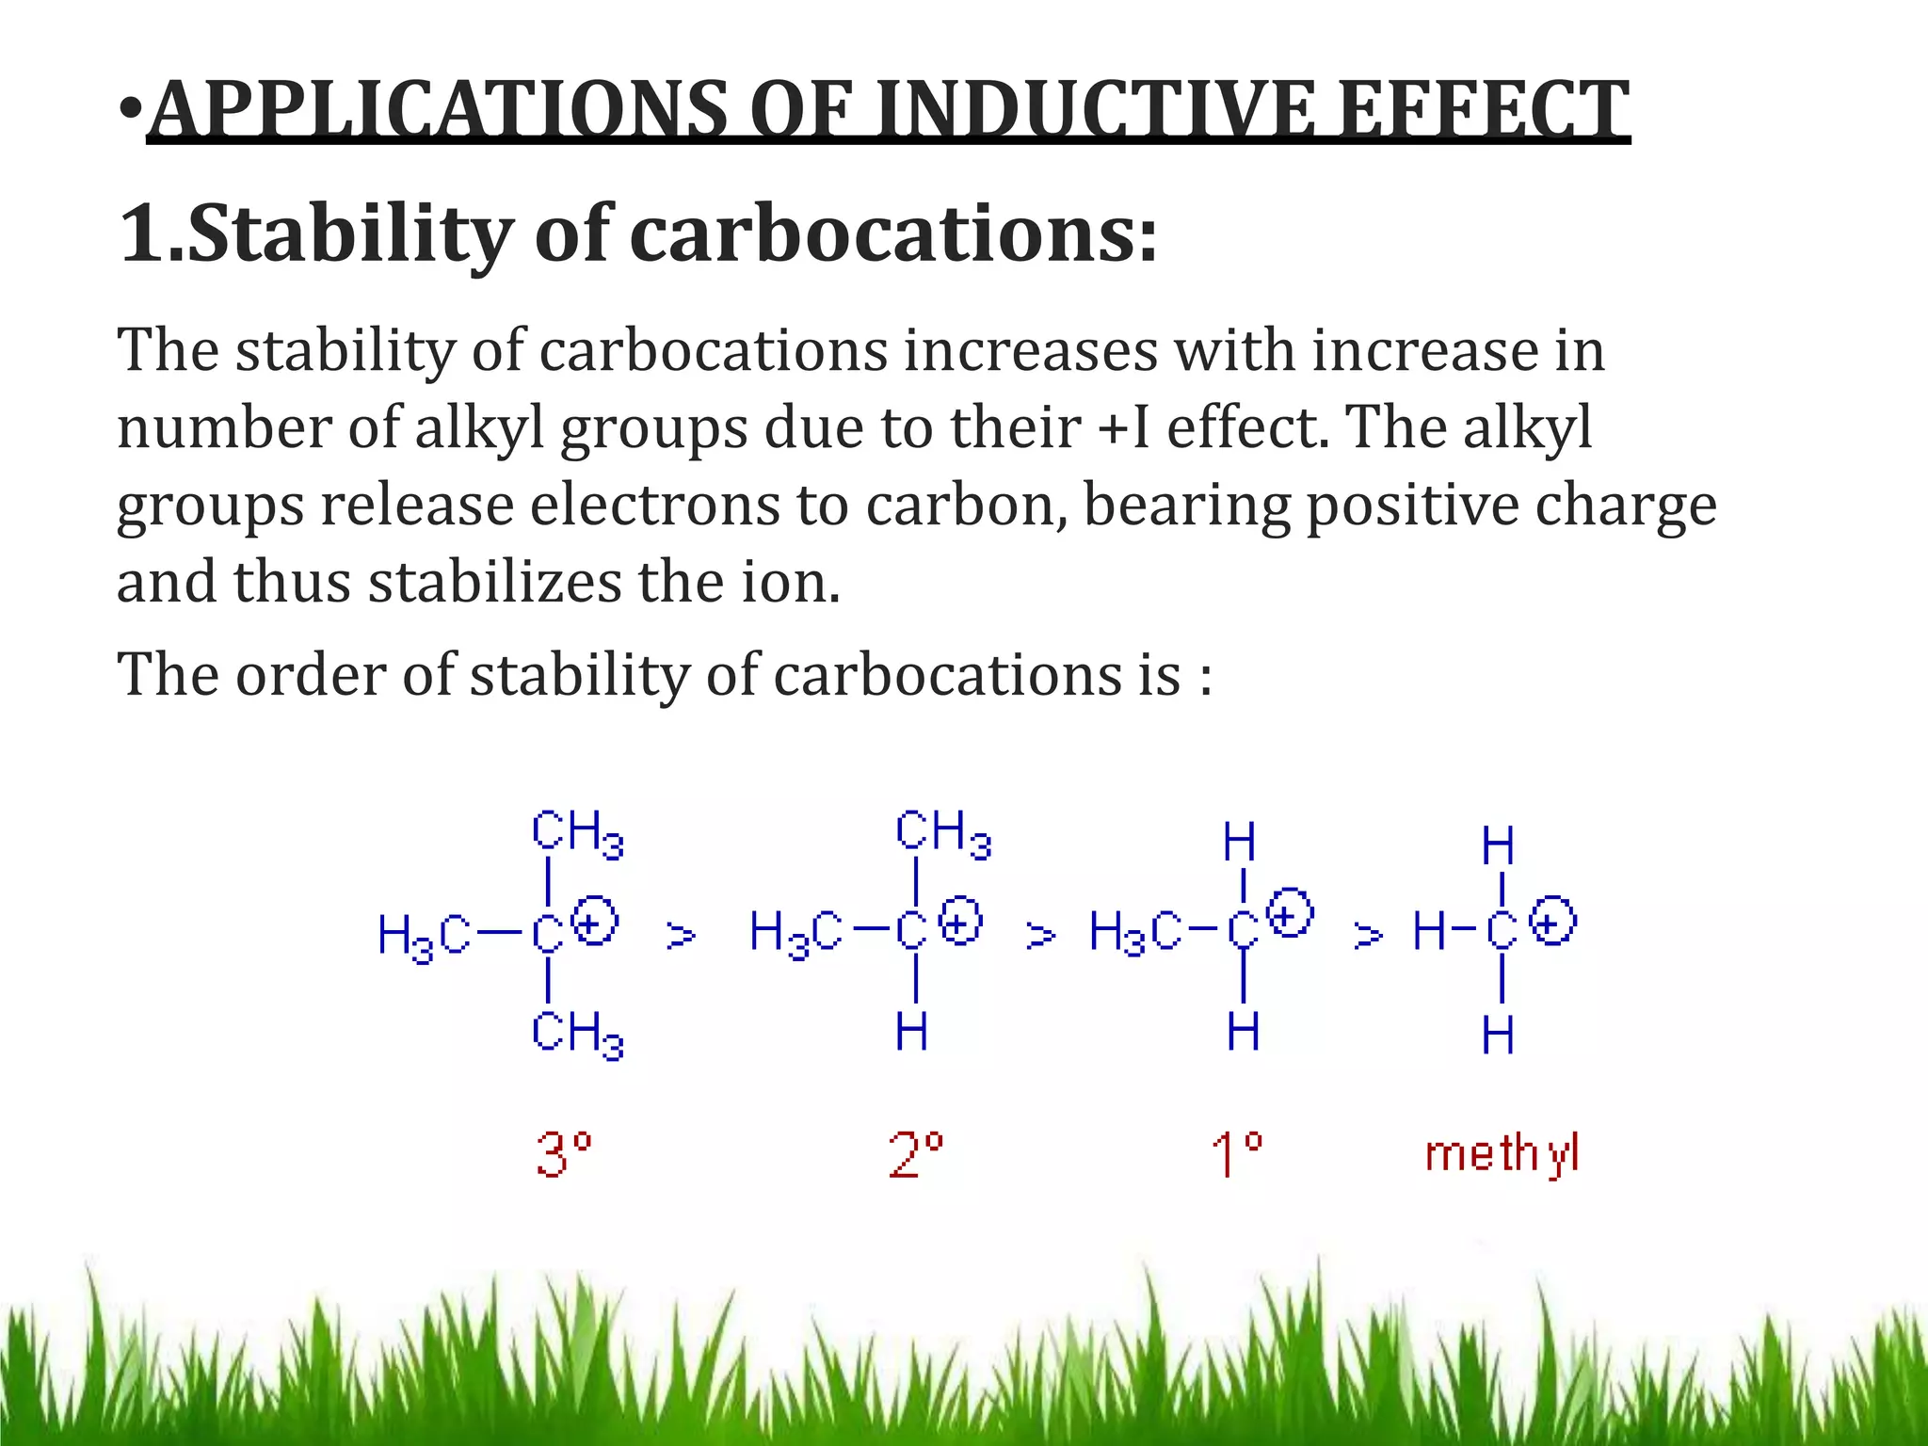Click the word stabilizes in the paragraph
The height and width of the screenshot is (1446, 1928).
[x=495, y=582]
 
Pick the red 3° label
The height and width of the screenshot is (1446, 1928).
[x=563, y=1154]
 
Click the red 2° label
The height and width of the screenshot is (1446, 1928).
[x=915, y=1154]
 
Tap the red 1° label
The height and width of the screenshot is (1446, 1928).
[x=1236, y=1154]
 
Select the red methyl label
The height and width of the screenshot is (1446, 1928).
[x=1502, y=1154]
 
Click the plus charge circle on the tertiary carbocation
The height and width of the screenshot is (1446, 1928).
[x=595, y=921]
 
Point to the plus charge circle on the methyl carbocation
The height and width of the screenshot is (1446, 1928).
[x=1552, y=921]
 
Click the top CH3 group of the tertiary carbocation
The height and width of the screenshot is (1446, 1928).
[x=577, y=834]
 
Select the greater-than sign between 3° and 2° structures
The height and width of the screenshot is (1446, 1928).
[x=681, y=936]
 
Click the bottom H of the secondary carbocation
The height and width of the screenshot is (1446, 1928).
[x=911, y=1032]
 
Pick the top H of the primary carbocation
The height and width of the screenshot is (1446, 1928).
[x=1240, y=842]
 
